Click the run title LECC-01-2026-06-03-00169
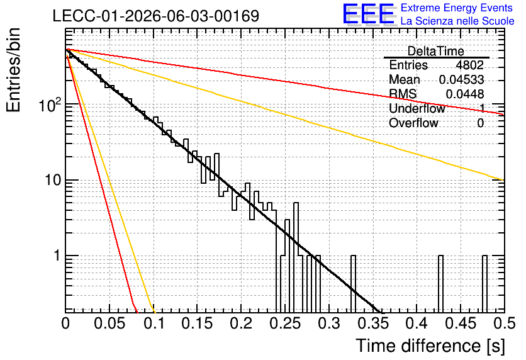coord(156,16)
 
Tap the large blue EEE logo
coord(369,14)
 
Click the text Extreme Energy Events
coord(457,8)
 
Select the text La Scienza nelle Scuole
coord(457,21)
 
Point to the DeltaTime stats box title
coord(436,51)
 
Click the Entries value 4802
coord(469,65)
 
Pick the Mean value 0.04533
coord(462,79)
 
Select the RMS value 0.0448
coord(465,94)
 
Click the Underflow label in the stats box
coord(417,108)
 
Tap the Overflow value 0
coord(480,123)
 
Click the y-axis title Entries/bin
coord(13,70)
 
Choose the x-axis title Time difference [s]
coord(430,346)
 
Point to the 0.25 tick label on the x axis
coord(285,323)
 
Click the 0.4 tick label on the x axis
coord(417,323)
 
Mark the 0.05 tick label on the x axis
coord(109,323)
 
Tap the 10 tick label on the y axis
coord(52,181)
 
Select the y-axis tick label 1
coord(57,256)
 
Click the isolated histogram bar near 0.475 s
coord(484,284)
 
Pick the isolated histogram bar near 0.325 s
coord(353,284)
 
